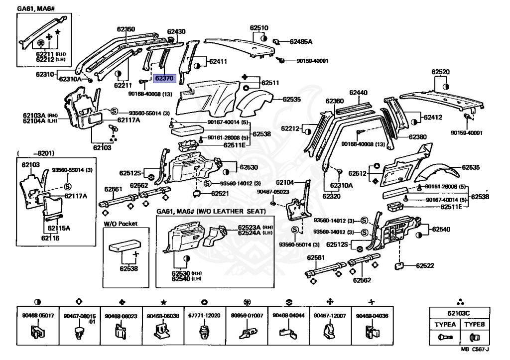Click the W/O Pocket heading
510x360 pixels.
pyautogui.click(x=121, y=224)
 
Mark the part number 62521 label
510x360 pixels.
pyautogui.click(x=220, y=193)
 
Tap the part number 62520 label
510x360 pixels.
pyautogui.click(x=440, y=72)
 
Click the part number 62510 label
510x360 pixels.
pyautogui.click(x=259, y=28)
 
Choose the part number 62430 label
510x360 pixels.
pyautogui.click(x=176, y=31)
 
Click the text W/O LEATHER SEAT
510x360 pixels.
pyautogui.click(x=236, y=211)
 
